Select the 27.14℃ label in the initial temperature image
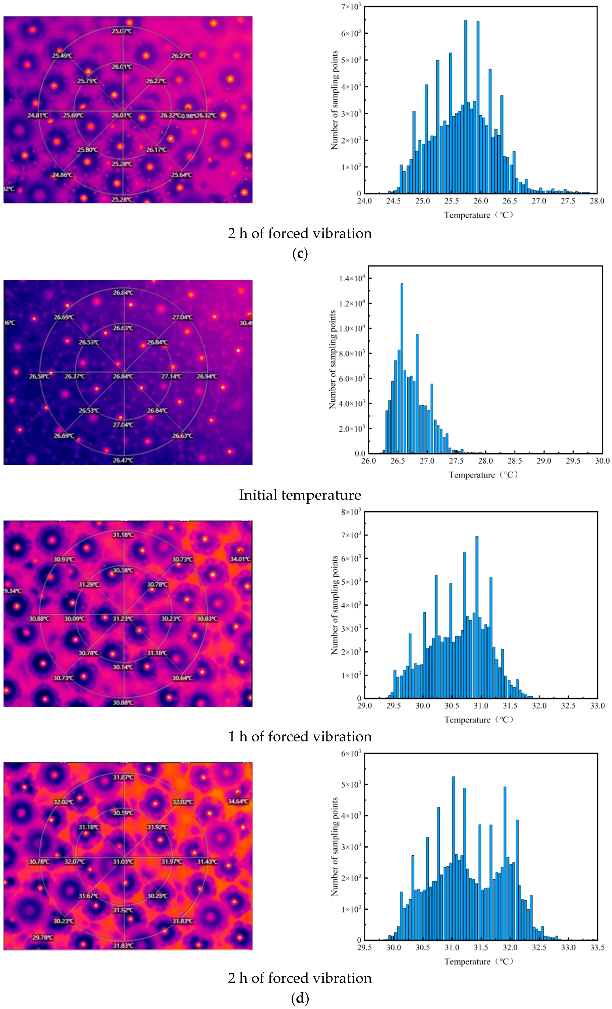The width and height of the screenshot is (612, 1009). click(171, 376)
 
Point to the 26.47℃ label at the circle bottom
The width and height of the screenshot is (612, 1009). click(123, 460)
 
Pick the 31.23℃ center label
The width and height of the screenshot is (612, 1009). click(123, 619)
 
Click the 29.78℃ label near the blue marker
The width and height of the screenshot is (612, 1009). click(43, 937)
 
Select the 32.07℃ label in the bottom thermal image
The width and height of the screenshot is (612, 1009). click(75, 862)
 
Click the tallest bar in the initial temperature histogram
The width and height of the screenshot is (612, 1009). click(402, 368)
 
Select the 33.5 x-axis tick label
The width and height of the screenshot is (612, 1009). click(597, 948)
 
